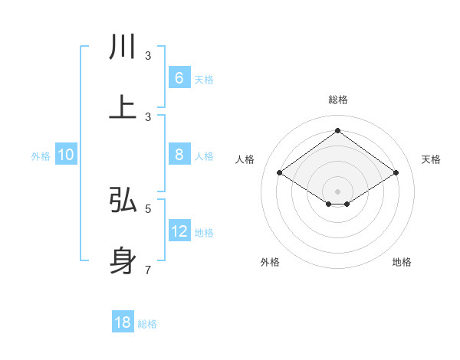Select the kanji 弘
[123, 200]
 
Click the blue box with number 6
[179, 78]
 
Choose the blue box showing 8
[179, 155]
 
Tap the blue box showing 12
[179, 231]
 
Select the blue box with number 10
[66, 155]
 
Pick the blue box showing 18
[123, 322]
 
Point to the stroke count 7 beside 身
[148, 270]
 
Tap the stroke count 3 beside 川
[148, 55]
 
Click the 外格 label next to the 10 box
[41, 156]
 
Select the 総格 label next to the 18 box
[147, 324]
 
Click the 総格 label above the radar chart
[337, 100]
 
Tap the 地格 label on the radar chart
[402, 262]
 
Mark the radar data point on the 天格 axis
[396, 173]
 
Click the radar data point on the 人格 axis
[279, 173]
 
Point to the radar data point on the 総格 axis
[337, 130]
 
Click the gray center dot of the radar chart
[337, 191]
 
